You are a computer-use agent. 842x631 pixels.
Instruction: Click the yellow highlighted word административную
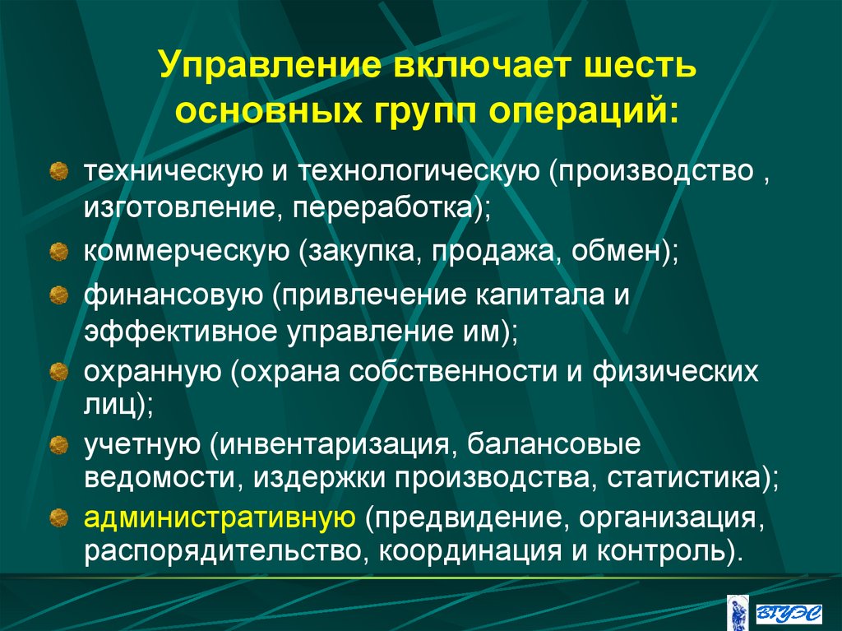pos(219,518)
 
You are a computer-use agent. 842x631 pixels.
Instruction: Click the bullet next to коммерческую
pos(58,249)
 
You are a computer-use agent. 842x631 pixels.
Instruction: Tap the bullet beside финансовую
pos(58,295)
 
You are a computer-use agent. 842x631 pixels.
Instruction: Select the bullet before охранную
pos(58,373)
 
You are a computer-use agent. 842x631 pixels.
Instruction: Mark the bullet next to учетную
pos(58,447)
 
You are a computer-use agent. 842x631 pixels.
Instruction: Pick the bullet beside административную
pos(58,518)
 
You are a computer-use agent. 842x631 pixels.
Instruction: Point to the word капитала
pos(541,295)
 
